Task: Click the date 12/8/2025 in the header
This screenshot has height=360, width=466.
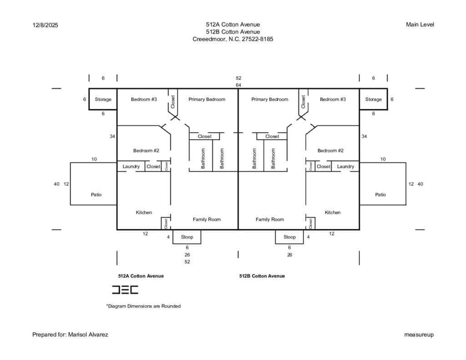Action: tap(45, 25)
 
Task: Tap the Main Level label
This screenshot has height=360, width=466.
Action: tap(420, 25)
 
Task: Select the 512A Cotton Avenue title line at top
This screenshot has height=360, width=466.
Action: tap(233, 25)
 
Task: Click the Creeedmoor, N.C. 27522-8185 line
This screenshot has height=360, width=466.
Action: tap(233, 39)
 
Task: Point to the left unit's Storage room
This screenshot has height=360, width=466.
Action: tap(103, 99)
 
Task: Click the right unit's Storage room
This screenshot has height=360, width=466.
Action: tap(373, 99)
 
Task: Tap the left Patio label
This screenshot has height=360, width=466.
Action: tap(96, 194)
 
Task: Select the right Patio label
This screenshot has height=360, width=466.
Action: tap(380, 194)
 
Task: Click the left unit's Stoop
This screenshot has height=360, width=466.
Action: tap(187, 237)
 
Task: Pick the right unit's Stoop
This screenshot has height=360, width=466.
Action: tap(289, 237)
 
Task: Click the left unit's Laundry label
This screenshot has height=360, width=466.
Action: tap(131, 167)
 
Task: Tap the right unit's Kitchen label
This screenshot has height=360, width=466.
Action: tap(333, 212)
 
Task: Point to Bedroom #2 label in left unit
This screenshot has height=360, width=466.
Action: tap(146, 151)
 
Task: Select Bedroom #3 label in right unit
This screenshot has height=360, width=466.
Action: tap(333, 99)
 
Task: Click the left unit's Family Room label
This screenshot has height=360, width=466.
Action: tap(207, 219)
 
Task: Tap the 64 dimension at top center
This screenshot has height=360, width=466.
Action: tap(238, 85)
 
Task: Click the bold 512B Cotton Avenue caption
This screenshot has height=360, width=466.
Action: tap(262, 276)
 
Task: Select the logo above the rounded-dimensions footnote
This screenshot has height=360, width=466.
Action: tap(125, 289)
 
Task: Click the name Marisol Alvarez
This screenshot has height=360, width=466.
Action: tap(88, 335)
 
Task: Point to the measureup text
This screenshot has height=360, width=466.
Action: tap(419, 335)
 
